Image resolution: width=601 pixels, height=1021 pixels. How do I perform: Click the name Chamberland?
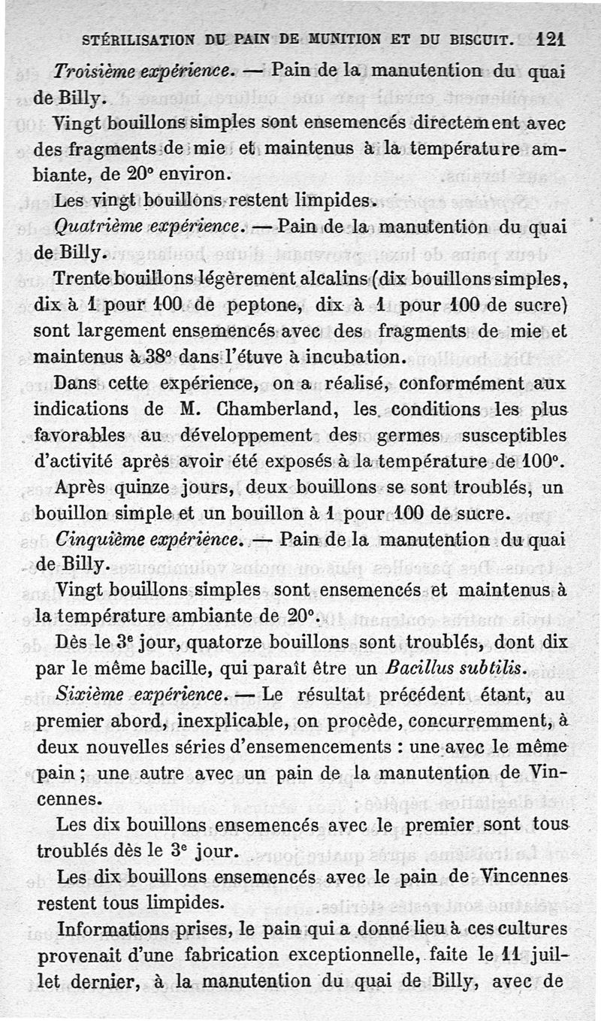pyautogui.click(x=255, y=409)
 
